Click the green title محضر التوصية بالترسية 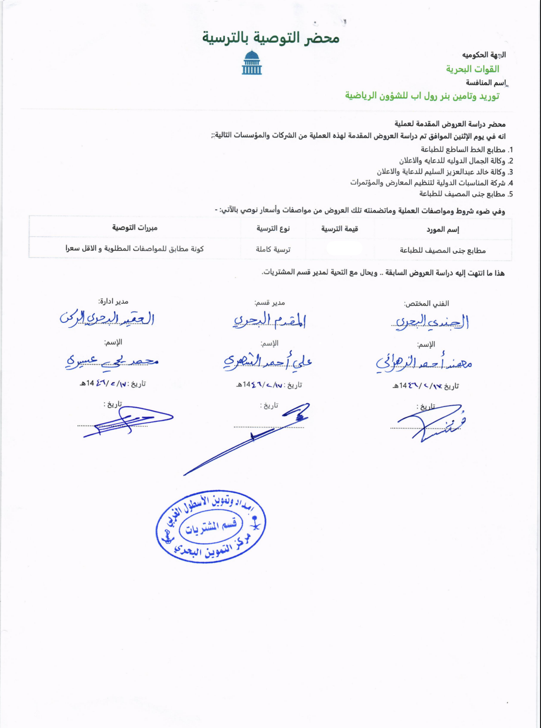pyautogui.click(x=270, y=38)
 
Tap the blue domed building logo pyautogui.click(x=251, y=62)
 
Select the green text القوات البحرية pyautogui.click(x=472, y=69)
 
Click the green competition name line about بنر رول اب pyautogui.click(x=422, y=96)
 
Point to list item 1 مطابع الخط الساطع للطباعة pyautogui.click(x=463, y=149)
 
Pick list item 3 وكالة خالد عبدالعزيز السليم pyautogui.click(x=441, y=172)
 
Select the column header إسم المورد pyautogui.click(x=443, y=229)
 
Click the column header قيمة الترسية pyautogui.click(x=340, y=229)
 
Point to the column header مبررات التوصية pyautogui.click(x=135, y=228)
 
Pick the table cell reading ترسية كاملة pyautogui.click(x=273, y=249)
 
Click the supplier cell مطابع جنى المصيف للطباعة pyautogui.click(x=443, y=250)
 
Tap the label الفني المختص pyautogui.click(x=426, y=304)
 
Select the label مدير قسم pyautogui.click(x=270, y=303)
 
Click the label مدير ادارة pyautogui.click(x=113, y=301)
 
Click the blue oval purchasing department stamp pyautogui.click(x=211, y=526)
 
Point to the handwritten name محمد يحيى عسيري pyautogui.click(x=112, y=361)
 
